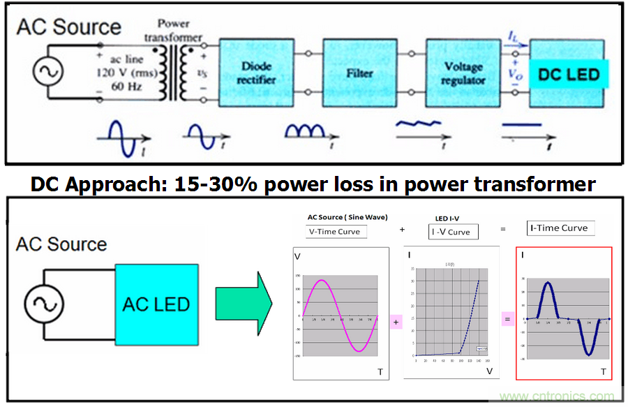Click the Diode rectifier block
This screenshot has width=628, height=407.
(x=257, y=73)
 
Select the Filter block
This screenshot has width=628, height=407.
(x=359, y=73)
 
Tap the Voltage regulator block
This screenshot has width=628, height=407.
(x=463, y=73)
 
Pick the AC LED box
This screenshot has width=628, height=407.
(x=156, y=305)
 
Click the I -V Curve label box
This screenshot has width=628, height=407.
(x=453, y=232)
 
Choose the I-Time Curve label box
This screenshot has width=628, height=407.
(x=561, y=228)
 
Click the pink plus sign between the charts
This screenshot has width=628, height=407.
(x=396, y=322)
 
